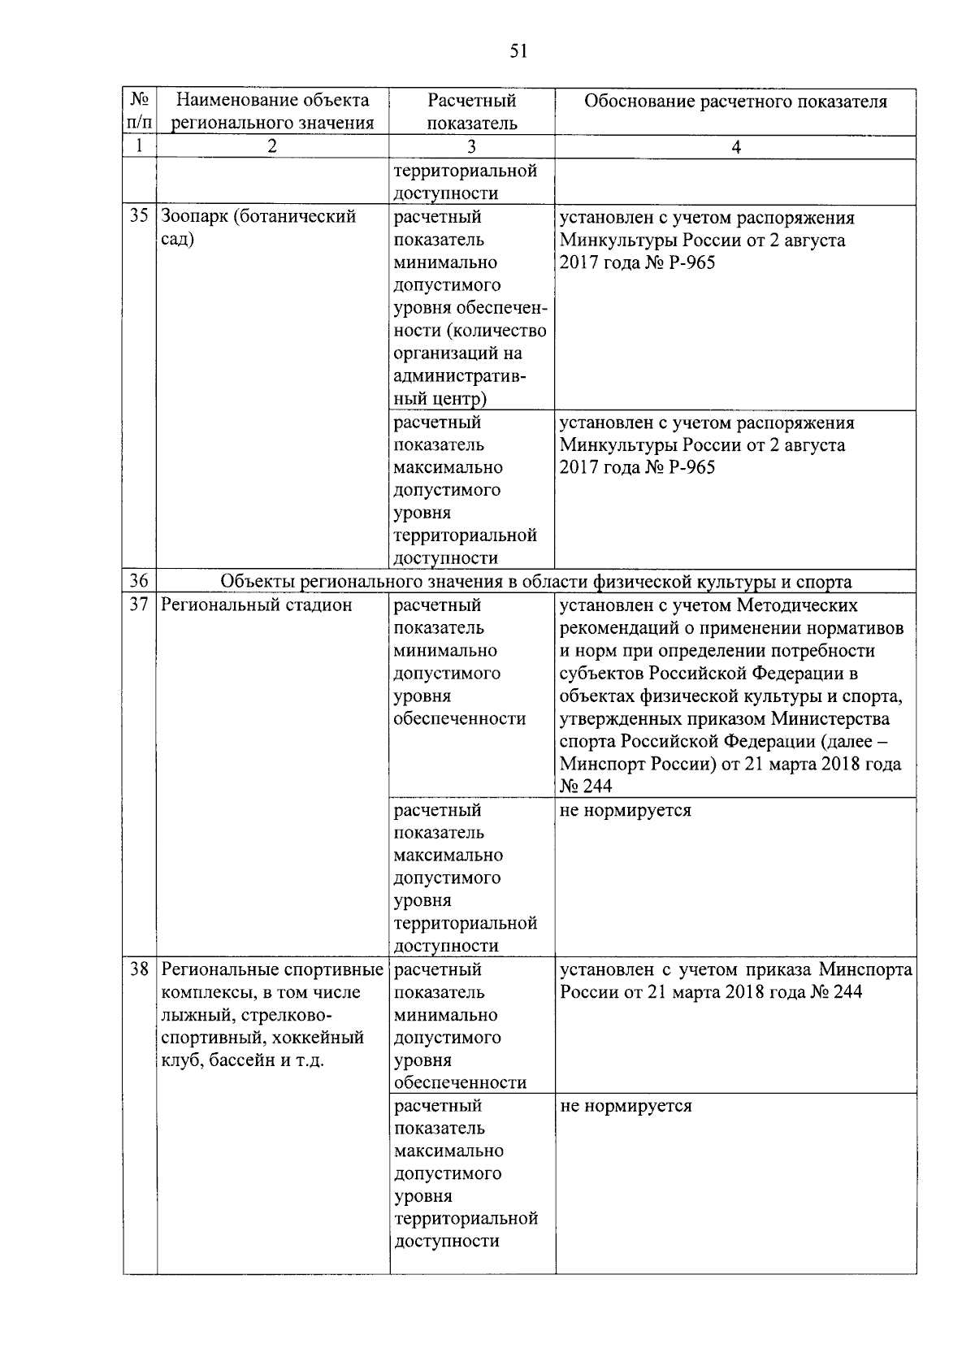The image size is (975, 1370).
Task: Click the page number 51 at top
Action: coord(518,51)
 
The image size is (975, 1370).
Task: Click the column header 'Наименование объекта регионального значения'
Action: coord(272,111)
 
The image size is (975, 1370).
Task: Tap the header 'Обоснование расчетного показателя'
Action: coord(735,102)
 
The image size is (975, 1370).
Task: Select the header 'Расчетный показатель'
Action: coord(471,111)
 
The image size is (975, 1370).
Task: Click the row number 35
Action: coord(139,217)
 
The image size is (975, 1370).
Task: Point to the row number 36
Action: coord(139,581)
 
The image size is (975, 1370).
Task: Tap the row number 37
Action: coord(139,605)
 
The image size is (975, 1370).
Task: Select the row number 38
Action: coord(139,969)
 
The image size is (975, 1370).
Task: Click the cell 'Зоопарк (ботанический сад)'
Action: coord(258,228)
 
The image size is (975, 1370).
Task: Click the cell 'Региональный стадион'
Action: coord(257,605)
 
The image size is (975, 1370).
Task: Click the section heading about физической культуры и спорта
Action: coord(536,581)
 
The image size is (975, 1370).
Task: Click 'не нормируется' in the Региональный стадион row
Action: coord(626,810)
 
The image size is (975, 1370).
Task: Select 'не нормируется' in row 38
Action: coord(626,1106)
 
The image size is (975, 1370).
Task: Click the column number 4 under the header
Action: coord(735,147)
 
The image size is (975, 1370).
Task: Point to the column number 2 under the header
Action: coord(272,147)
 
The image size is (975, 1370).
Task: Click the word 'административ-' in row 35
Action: coord(460,376)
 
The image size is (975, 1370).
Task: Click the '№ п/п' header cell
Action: coord(139,111)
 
